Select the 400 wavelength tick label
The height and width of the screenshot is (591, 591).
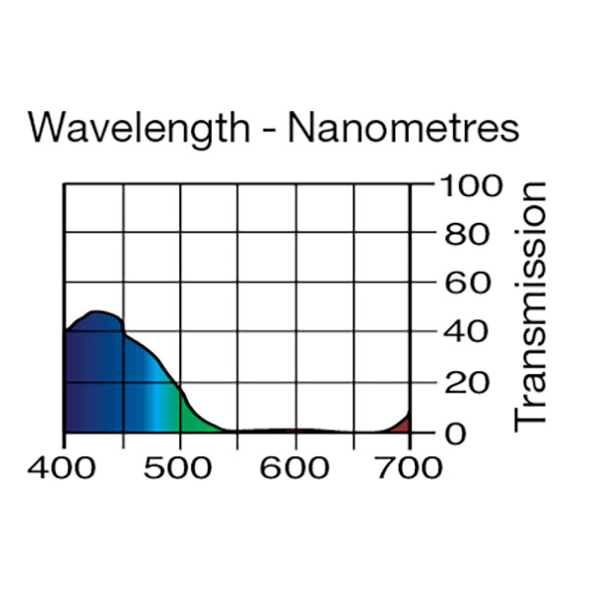click(x=64, y=466)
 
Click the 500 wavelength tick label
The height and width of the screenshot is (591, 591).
click(x=180, y=466)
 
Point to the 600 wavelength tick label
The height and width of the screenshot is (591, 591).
click(x=295, y=466)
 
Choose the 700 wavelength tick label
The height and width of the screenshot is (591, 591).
click(x=409, y=466)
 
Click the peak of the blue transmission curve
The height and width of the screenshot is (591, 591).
click(x=96, y=313)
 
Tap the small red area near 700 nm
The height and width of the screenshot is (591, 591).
click(x=403, y=425)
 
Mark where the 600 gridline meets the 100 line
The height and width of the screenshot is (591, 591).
click(x=295, y=184)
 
